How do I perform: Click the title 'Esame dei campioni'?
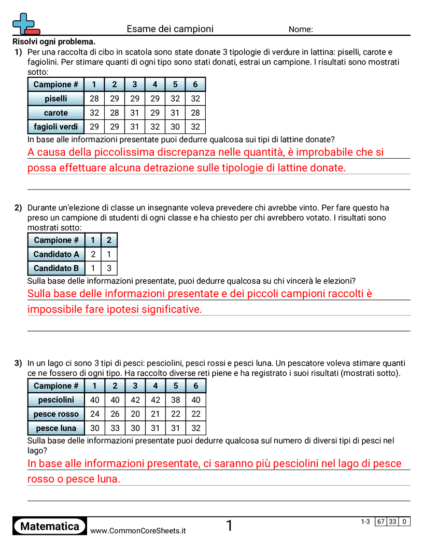point(170,29)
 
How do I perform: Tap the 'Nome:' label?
point(301,30)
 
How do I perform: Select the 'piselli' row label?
point(56,99)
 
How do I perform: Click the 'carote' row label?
point(56,113)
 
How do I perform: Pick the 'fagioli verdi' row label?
point(56,127)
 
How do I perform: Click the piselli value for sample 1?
point(94,99)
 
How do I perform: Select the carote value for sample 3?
point(135,113)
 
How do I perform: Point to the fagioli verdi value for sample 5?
point(175,127)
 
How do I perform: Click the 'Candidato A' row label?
point(56,254)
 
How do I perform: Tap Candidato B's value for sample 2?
point(109,268)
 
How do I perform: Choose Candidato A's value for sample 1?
point(93,254)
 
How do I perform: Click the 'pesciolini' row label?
point(56,400)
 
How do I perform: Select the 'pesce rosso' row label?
point(56,414)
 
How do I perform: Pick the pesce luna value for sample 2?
point(115,428)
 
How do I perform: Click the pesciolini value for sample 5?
point(176,400)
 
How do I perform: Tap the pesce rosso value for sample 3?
point(135,414)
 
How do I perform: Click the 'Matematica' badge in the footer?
point(50,527)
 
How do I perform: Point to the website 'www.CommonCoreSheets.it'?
point(138,531)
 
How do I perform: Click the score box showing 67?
point(381,522)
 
